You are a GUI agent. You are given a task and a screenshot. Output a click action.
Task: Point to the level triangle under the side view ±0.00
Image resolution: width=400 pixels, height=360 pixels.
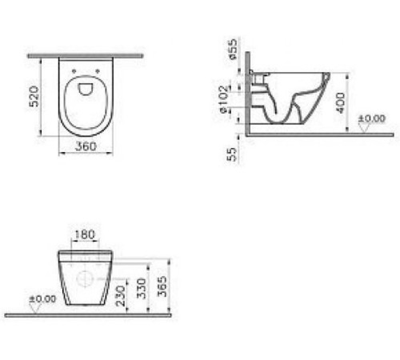pyautogui.click(x=361, y=129)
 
